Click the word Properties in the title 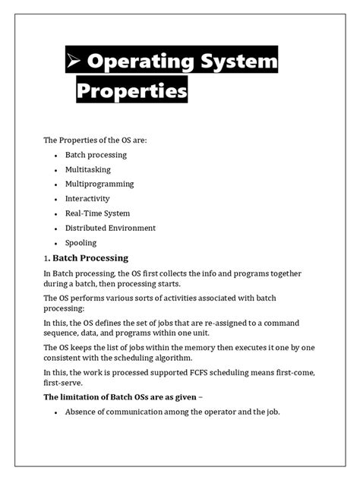click(131, 92)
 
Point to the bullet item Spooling click(81, 243)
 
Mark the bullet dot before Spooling click(56, 243)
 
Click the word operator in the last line click(215, 412)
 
